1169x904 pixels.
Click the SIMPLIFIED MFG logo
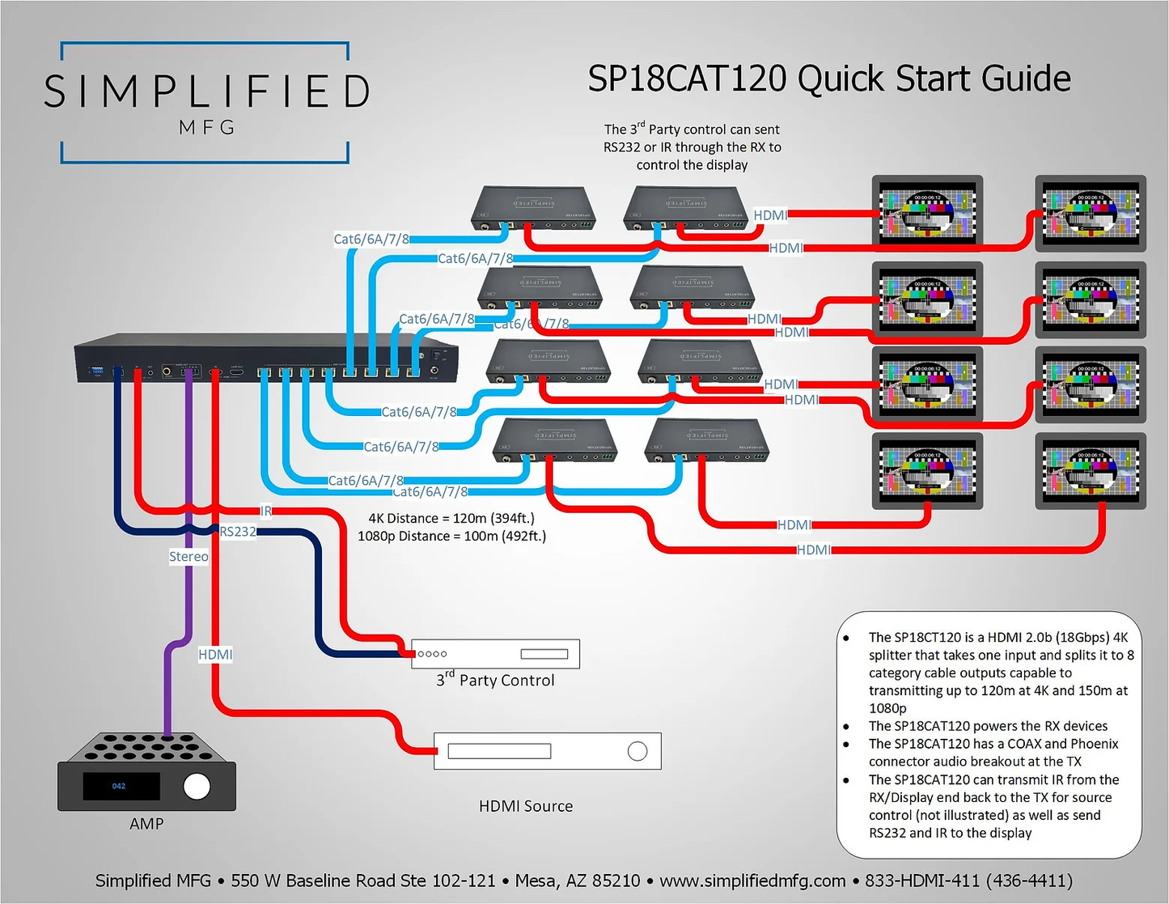pos(205,102)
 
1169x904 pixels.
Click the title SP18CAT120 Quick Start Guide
pos(828,79)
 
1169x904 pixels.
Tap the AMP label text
pos(146,823)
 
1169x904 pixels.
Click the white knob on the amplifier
pos(197,786)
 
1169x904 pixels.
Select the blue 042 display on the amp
pos(119,786)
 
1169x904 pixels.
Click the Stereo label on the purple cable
pos(188,557)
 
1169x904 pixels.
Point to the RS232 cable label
pos(238,532)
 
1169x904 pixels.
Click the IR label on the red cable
pos(266,511)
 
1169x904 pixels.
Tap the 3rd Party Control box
pos(495,654)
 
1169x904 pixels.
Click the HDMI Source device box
pos(547,751)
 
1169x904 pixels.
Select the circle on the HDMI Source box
pos(637,751)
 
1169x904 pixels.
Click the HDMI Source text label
pos(526,806)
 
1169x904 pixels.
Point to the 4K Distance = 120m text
pos(451,518)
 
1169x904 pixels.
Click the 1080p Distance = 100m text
pos(451,536)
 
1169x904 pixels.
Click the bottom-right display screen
pos(1091,470)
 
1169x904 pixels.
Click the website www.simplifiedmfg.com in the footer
pos(752,881)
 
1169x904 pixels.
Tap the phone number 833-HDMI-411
pos(968,881)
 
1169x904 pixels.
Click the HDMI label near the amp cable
pos(215,655)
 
